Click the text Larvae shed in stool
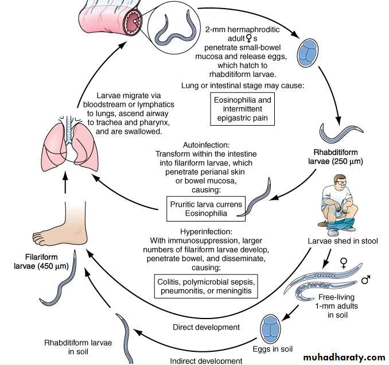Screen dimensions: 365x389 tap(342, 242)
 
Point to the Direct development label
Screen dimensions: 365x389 tap(206, 328)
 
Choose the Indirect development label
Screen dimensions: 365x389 tap(205, 360)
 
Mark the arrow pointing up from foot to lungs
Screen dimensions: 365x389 tap(64, 185)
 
